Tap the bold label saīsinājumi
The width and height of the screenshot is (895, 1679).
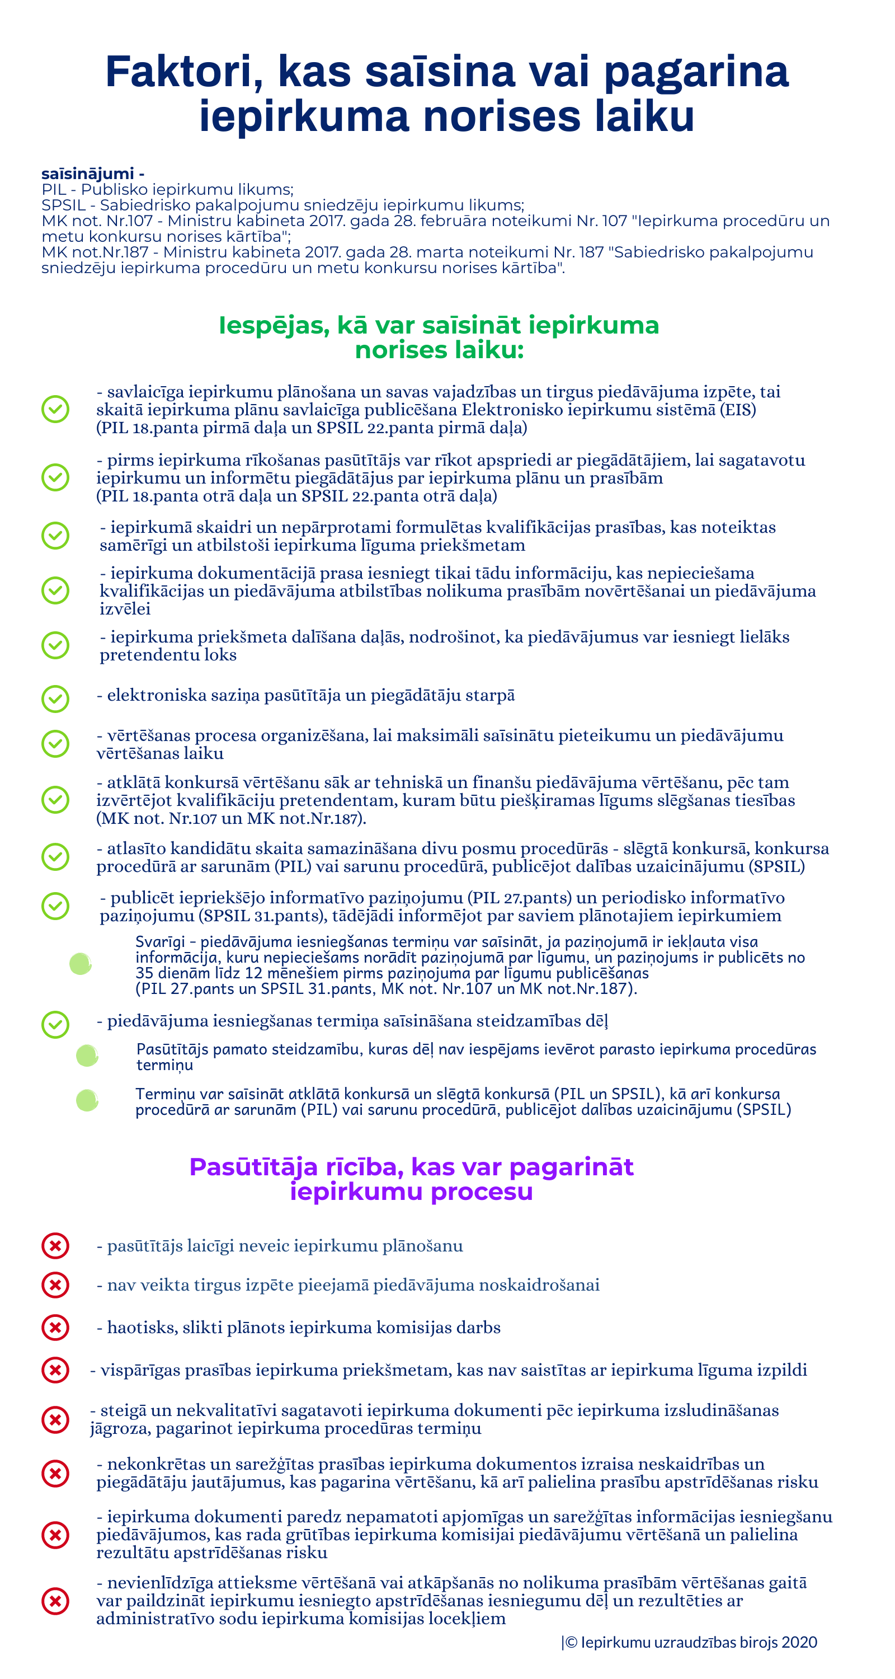pyautogui.click(x=87, y=173)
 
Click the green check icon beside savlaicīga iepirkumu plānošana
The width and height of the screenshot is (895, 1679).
pyautogui.click(x=55, y=409)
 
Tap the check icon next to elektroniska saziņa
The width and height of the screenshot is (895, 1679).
pyautogui.click(x=55, y=698)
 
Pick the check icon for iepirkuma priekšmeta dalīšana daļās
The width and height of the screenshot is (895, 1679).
pyautogui.click(x=55, y=645)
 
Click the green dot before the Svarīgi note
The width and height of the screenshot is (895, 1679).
pyautogui.click(x=80, y=964)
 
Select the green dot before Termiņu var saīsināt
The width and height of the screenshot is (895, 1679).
pyautogui.click(x=87, y=1100)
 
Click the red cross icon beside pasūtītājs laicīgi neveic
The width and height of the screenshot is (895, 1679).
pyautogui.click(x=55, y=1246)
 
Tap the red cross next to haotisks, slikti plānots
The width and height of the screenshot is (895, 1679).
pyautogui.click(x=55, y=1327)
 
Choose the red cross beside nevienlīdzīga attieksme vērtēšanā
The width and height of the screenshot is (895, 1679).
pyautogui.click(x=55, y=1601)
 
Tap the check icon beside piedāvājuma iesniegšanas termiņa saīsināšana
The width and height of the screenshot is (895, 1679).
pyautogui.click(x=55, y=1024)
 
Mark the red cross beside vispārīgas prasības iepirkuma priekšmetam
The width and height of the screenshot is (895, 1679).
pyautogui.click(x=55, y=1370)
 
